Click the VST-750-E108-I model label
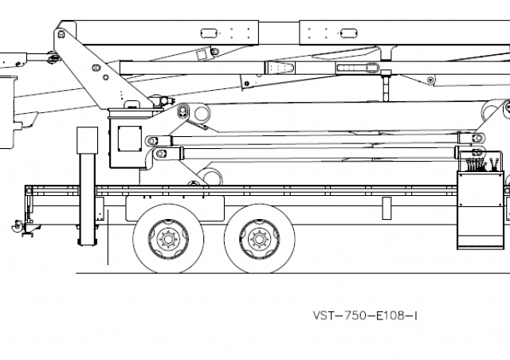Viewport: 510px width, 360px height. [x=366, y=315]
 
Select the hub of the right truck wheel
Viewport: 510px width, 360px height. [x=256, y=238]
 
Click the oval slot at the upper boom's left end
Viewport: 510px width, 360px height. [x=210, y=33]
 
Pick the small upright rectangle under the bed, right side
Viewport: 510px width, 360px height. [x=386, y=208]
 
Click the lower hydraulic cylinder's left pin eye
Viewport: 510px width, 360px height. [x=160, y=153]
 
